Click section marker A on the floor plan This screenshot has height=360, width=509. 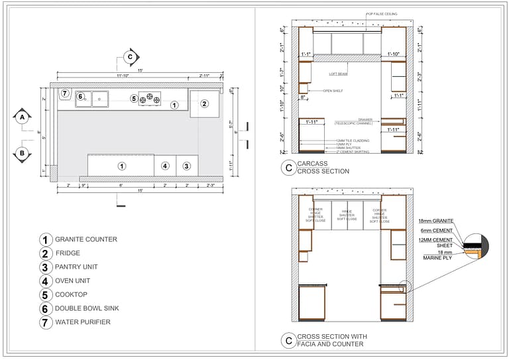[x=22, y=117]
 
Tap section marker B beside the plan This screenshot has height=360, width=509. [x=22, y=154]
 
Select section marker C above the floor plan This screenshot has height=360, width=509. [x=130, y=57]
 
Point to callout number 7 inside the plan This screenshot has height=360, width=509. [x=65, y=93]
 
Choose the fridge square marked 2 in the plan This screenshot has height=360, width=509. [x=204, y=103]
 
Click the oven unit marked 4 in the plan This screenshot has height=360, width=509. [x=165, y=165]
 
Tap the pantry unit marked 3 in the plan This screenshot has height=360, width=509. [x=187, y=165]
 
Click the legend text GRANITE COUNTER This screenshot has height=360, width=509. [x=86, y=239]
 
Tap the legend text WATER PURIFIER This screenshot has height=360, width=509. [x=83, y=322]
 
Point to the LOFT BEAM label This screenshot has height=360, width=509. [x=338, y=74]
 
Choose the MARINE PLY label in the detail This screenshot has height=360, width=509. [x=437, y=257]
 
